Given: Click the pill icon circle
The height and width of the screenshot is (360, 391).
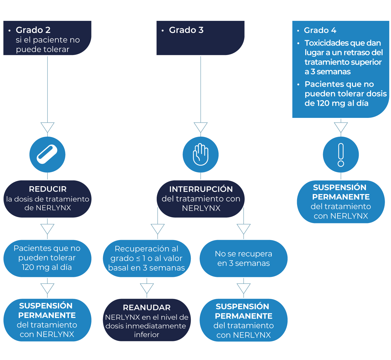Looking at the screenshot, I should [47, 154].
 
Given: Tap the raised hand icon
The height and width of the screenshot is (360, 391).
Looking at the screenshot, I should [200, 154].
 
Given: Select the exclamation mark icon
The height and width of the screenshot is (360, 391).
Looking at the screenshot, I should [341, 154].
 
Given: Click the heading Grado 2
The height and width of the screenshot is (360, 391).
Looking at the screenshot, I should [33, 30].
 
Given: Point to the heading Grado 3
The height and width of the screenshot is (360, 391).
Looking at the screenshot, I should [186, 30].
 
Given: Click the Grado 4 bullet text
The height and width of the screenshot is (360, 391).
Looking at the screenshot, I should [320, 30].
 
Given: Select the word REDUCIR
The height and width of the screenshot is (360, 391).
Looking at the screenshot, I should [48, 189].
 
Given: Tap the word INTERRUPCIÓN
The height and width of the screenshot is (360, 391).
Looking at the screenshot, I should [201, 189].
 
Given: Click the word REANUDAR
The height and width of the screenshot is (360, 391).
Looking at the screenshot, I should [147, 307].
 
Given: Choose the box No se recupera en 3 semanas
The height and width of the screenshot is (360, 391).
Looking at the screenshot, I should [244, 258].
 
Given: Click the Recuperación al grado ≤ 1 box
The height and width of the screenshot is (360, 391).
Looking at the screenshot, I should [147, 258].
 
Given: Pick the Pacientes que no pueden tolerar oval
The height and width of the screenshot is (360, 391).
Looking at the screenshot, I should [47, 258].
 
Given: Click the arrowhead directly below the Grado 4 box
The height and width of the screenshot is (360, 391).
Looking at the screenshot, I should [341, 127].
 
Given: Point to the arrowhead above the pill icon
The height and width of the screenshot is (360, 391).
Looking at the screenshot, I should [47, 127].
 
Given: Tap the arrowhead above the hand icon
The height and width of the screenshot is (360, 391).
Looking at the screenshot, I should [200, 127].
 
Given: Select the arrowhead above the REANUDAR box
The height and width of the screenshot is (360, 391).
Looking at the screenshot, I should [147, 288].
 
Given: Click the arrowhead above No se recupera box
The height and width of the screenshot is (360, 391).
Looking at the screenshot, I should [244, 229].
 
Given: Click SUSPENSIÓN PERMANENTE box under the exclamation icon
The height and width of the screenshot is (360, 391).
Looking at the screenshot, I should [341, 202].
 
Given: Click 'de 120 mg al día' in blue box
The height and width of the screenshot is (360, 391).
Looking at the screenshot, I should [336, 103].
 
